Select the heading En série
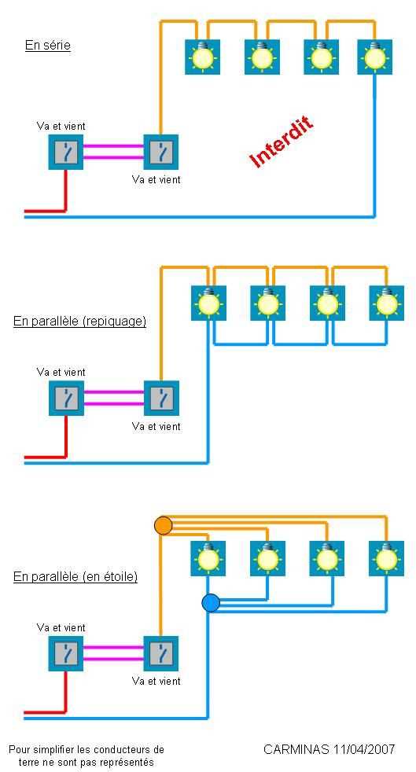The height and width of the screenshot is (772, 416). (x=48, y=46)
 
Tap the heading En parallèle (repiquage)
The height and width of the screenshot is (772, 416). (x=79, y=322)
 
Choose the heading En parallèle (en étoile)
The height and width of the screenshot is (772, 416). (x=75, y=576)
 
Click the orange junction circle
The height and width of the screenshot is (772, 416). (x=163, y=525)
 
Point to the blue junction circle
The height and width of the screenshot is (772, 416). (x=211, y=603)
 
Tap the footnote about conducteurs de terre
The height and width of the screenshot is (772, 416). (x=87, y=755)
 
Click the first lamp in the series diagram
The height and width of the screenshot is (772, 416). (x=202, y=57)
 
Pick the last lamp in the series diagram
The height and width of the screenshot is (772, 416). (x=375, y=57)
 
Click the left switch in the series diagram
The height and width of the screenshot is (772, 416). (x=66, y=153)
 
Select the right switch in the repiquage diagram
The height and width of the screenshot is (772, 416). (x=161, y=399)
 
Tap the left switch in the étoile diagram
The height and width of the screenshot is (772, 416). (x=66, y=653)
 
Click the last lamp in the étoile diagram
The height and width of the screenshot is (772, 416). (x=386, y=558)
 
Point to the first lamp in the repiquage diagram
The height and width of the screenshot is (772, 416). (x=208, y=303)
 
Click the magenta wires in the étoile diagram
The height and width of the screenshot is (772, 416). (x=113, y=653)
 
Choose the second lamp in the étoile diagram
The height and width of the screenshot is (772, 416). (x=268, y=558)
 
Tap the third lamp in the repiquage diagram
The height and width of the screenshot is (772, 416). (x=327, y=303)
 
